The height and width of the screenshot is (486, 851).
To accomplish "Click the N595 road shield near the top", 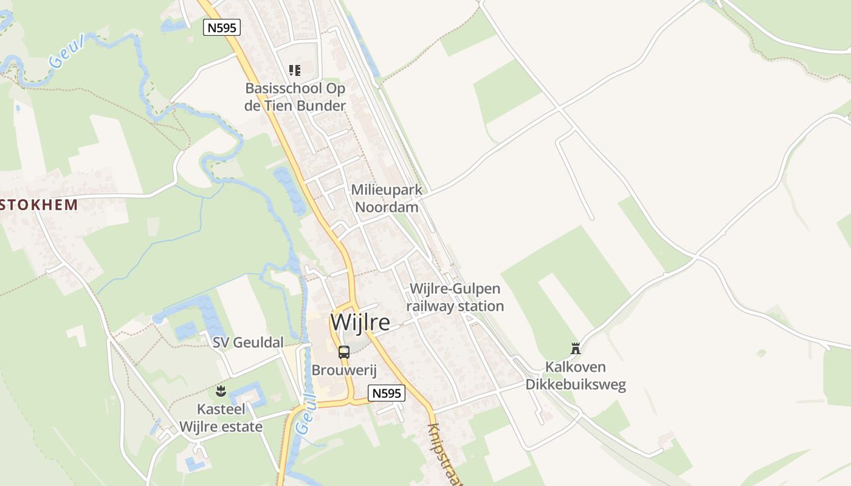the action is (222, 27).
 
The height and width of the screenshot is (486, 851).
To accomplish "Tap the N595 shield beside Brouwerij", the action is (387, 393).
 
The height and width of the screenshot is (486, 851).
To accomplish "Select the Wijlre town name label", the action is (360, 323).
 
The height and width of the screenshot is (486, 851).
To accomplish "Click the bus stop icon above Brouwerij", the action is (344, 352).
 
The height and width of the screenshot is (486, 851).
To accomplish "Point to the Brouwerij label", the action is (344, 370).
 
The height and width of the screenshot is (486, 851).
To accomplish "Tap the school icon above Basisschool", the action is (295, 70).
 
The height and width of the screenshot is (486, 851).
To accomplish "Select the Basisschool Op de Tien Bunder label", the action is (295, 97).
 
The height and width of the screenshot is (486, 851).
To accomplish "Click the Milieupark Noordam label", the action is (387, 199).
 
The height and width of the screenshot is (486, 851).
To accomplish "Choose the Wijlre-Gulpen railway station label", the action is (455, 297).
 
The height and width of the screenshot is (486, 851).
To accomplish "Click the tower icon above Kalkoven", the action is (575, 348).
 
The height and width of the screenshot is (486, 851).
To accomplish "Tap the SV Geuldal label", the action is (248, 343).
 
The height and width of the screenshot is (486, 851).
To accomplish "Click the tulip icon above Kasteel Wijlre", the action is (221, 391).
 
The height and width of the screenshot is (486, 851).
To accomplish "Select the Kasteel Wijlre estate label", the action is (221, 418).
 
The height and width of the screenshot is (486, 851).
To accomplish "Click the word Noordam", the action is (387, 207).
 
